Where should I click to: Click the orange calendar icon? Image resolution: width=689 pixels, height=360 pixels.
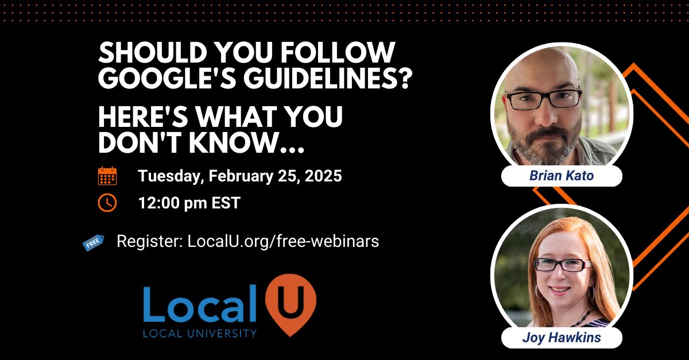point(107,176)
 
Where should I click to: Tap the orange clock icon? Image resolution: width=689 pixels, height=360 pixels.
point(107,203)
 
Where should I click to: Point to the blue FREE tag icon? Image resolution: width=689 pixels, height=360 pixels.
point(92,242)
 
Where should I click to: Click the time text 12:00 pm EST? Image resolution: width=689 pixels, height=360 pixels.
point(188,203)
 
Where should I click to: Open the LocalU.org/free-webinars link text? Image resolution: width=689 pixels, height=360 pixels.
point(283,241)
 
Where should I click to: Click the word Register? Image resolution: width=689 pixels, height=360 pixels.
point(149,241)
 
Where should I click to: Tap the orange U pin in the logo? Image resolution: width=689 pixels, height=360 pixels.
point(291,303)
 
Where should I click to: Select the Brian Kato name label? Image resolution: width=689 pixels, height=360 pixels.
point(561,176)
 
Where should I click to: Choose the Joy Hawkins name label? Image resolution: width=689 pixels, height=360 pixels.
point(561,338)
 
